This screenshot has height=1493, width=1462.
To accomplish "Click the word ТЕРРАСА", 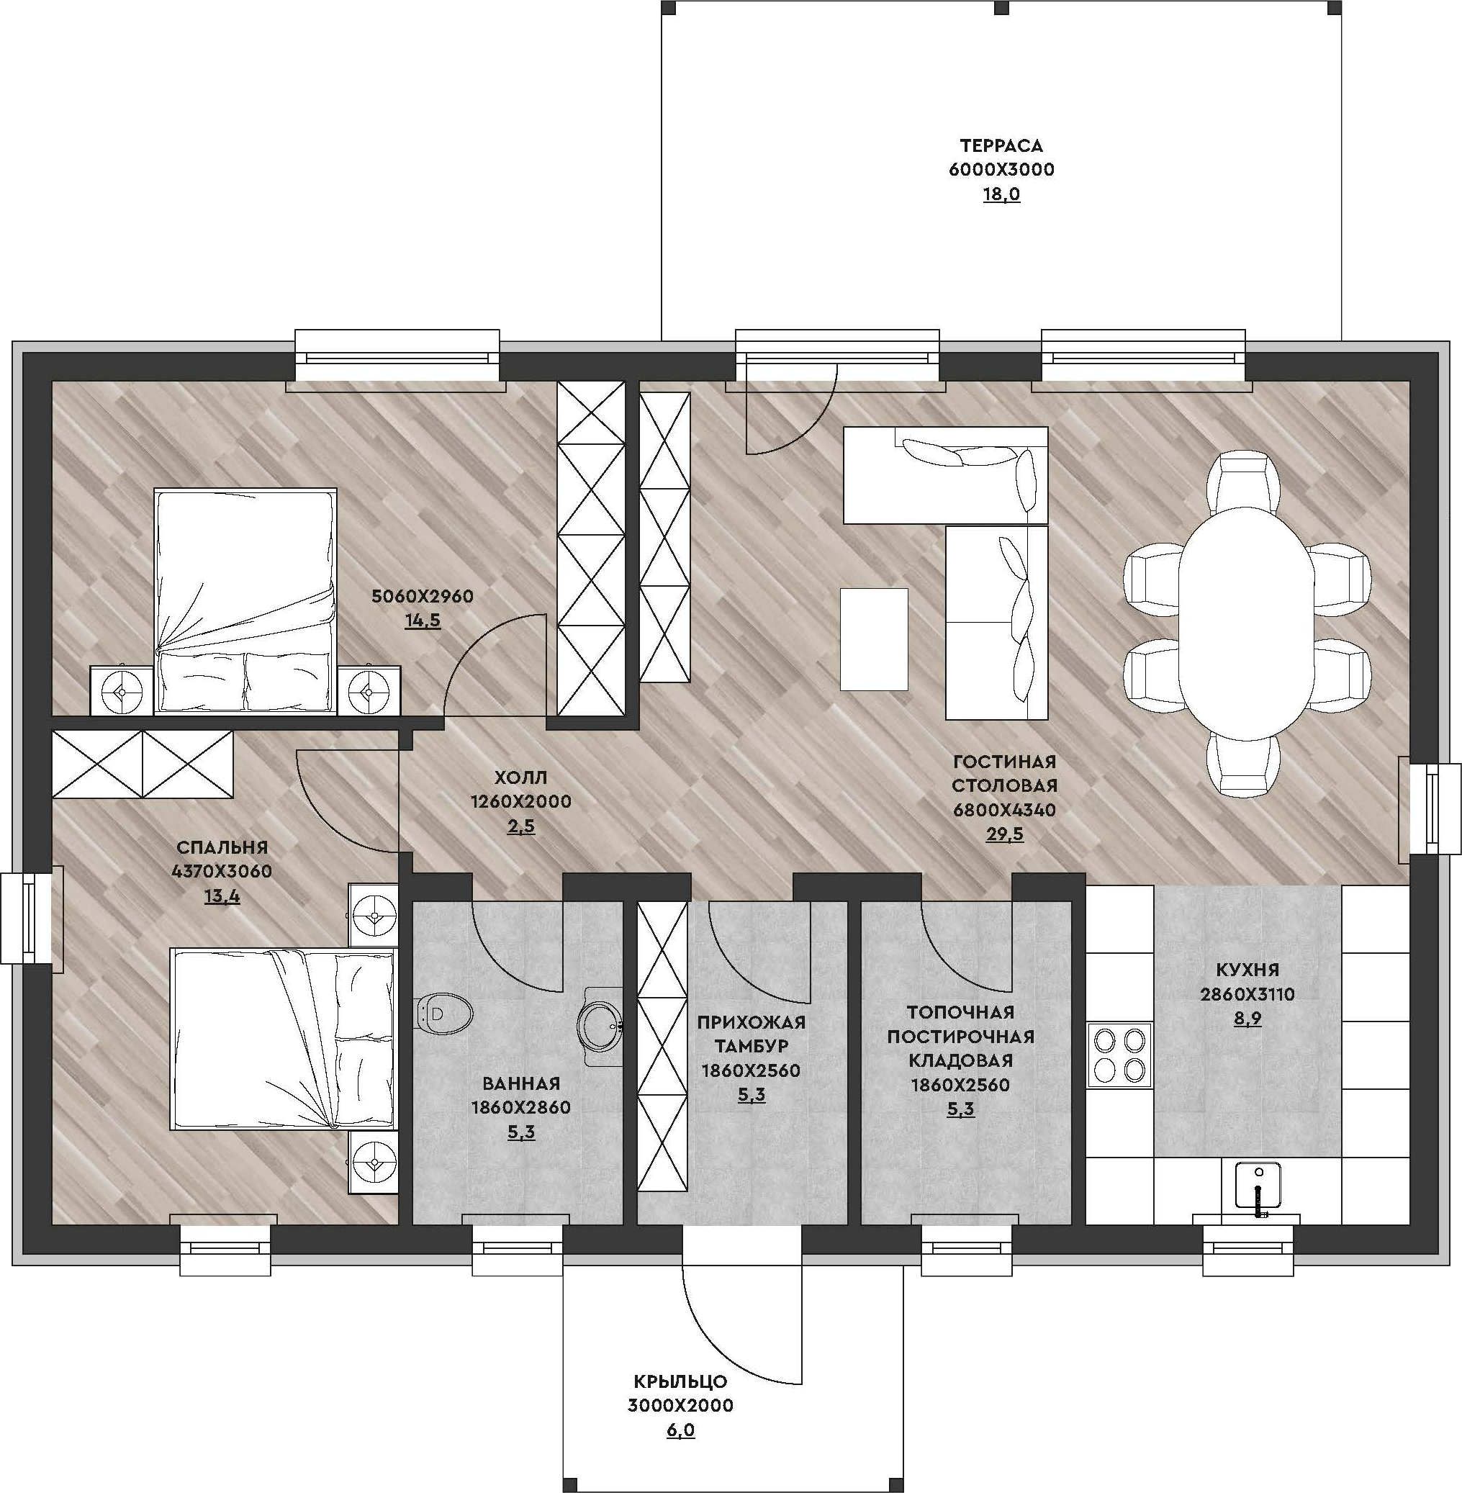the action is [1001, 145].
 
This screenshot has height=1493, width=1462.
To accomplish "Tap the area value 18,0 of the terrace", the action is [1001, 194].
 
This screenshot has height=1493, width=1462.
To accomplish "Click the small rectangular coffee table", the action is [874, 639].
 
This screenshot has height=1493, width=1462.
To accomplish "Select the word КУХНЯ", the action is [1247, 969].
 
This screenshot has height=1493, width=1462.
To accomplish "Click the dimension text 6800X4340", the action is [1004, 809].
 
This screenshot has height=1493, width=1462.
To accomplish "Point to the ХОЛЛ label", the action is [520, 777].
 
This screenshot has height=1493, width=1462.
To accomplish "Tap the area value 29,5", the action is [1004, 834].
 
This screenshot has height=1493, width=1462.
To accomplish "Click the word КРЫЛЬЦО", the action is [680, 1381].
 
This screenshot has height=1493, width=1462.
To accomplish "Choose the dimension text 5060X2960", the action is [423, 596].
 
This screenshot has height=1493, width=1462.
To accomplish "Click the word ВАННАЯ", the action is [520, 1083].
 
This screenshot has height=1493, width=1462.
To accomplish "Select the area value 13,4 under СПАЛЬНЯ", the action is [222, 896].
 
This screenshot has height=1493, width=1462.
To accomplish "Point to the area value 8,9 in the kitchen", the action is [1247, 1019].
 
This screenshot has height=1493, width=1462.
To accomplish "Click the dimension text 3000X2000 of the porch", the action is [680, 1405].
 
